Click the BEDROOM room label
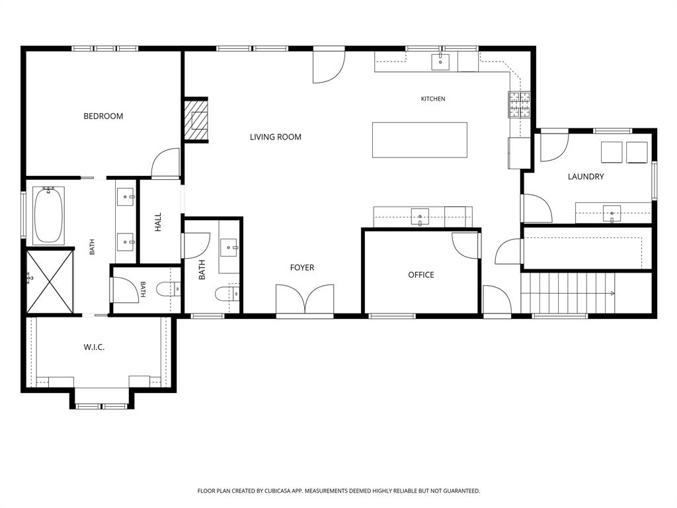tap(103, 116)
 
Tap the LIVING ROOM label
tap(276, 137)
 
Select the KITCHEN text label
tap(433, 99)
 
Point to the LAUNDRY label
tap(586, 176)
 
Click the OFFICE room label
tap(421, 275)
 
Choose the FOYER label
tap(302, 267)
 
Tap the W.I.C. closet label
tap(94, 347)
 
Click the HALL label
tap(158, 222)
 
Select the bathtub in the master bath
tap(48, 215)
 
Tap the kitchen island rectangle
tap(420, 140)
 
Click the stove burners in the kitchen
tap(520, 105)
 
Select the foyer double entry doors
tap(305, 299)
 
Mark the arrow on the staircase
tap(612, 293)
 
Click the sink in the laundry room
tap(612, 214)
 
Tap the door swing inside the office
tap(465, 245)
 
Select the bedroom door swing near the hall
tap(165, 163)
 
